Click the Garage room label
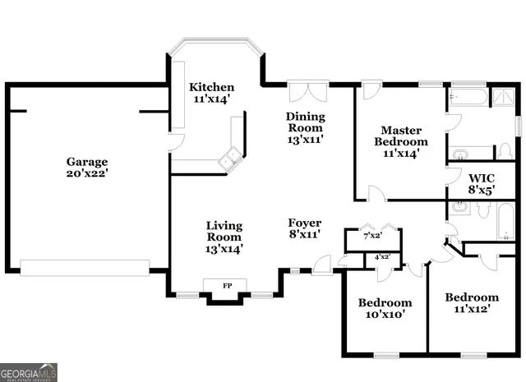click(x=87, y=168)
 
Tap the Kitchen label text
click(x=211, y=93)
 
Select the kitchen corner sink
click(x=229, y=158)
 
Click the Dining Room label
click(x=305, y=127)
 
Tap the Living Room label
click(x=224, y=236)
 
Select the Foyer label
click(x=304, y=228)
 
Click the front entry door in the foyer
click(x=323, y=264)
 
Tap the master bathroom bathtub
click(x=466, y=99)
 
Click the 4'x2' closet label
click(x=382, y=257)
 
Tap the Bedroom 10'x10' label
click(x=385, y=308)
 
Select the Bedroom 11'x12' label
click(x=472, y=302)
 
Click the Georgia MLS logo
click(x=29, y=372)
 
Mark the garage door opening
click(x=85, y=268)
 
